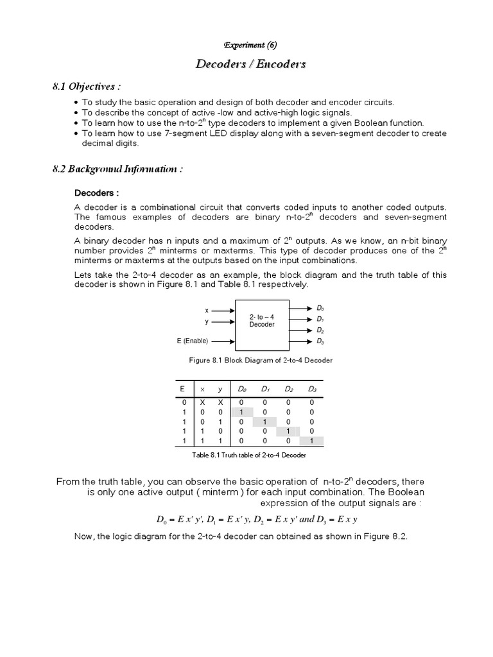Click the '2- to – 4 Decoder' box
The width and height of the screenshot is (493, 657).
261,321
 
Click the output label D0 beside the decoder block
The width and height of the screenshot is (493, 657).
320,309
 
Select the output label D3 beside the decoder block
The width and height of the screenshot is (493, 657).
320,341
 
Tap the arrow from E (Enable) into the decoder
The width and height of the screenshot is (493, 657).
222,341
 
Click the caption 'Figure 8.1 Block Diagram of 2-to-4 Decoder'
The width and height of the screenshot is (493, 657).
261,361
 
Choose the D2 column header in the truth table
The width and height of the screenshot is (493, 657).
289,389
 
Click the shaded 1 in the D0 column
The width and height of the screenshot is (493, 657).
241,412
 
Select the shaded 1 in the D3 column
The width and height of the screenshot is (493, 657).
312,441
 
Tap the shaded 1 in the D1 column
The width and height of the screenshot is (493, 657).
265,422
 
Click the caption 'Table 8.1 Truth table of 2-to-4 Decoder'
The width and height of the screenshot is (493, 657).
249,455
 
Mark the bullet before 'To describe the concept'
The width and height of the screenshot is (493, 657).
76,112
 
